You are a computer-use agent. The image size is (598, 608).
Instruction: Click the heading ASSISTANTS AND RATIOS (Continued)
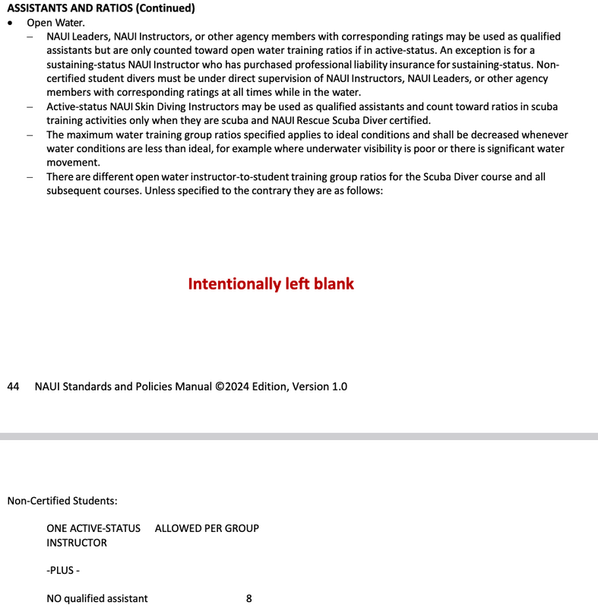click(x=101, y=8)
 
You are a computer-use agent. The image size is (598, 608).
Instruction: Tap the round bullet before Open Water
click(x=10, y=23)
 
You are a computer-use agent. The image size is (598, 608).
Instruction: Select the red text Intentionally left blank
click(x=271, y=283)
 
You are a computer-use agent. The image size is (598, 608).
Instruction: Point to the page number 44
click(x=13, y=386)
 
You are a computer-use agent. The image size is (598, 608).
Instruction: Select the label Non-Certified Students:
click(x=62, y=501)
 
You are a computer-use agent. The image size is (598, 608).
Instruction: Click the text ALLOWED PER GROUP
click(x=207, y=528)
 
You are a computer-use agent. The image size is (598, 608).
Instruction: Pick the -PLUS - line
click(x=63, y=571)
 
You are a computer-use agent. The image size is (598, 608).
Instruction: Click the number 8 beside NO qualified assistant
click(x=249, y=599)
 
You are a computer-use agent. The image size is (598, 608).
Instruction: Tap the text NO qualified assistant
click(x=97, y=599)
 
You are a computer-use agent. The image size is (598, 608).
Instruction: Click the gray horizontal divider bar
click(x=299, y=436)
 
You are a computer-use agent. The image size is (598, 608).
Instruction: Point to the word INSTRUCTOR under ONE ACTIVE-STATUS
click(x=77, y=543)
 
